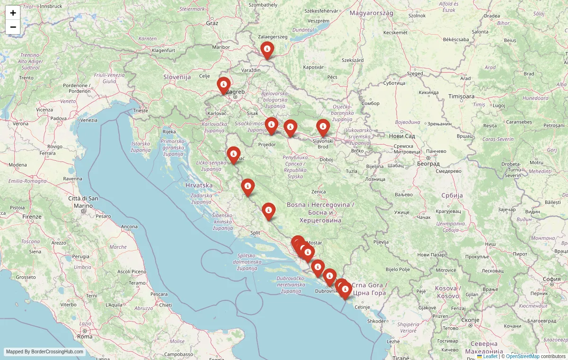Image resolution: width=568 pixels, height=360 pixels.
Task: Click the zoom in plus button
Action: click(x=13, y=13)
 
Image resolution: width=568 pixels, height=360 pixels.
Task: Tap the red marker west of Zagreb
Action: click(x=223, y=85)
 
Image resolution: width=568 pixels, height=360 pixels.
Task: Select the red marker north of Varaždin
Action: click(x=267, y=49)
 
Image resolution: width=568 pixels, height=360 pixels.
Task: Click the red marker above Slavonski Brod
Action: click(x=323, y=127)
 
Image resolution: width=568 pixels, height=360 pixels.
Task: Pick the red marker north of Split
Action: click(x=268, y=211)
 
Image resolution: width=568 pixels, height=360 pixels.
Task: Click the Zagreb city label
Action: click(x=236, y=92)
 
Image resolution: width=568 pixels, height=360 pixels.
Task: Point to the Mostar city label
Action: click(x=314, y=243)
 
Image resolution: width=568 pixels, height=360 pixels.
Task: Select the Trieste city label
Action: click(x=141, y=110)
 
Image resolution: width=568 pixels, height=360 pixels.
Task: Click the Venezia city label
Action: click(x=89, y=120)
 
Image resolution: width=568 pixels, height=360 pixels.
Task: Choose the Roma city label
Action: click(x=85, y=336)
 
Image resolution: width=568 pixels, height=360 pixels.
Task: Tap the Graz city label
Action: click(x=212, y=23)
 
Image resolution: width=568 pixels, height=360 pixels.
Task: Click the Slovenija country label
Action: click(x=177, y=77)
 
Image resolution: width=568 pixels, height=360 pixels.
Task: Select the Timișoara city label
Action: click(x=461, y=96)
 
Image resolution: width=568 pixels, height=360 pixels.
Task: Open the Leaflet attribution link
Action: click(x=489, y=356)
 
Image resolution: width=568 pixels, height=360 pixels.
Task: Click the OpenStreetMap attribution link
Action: click(x=523, y=356)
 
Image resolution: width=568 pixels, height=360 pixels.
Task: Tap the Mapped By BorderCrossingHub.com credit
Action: click(x=44, y=352)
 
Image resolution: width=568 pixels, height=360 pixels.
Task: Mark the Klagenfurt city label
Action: click(x=163, y=50)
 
